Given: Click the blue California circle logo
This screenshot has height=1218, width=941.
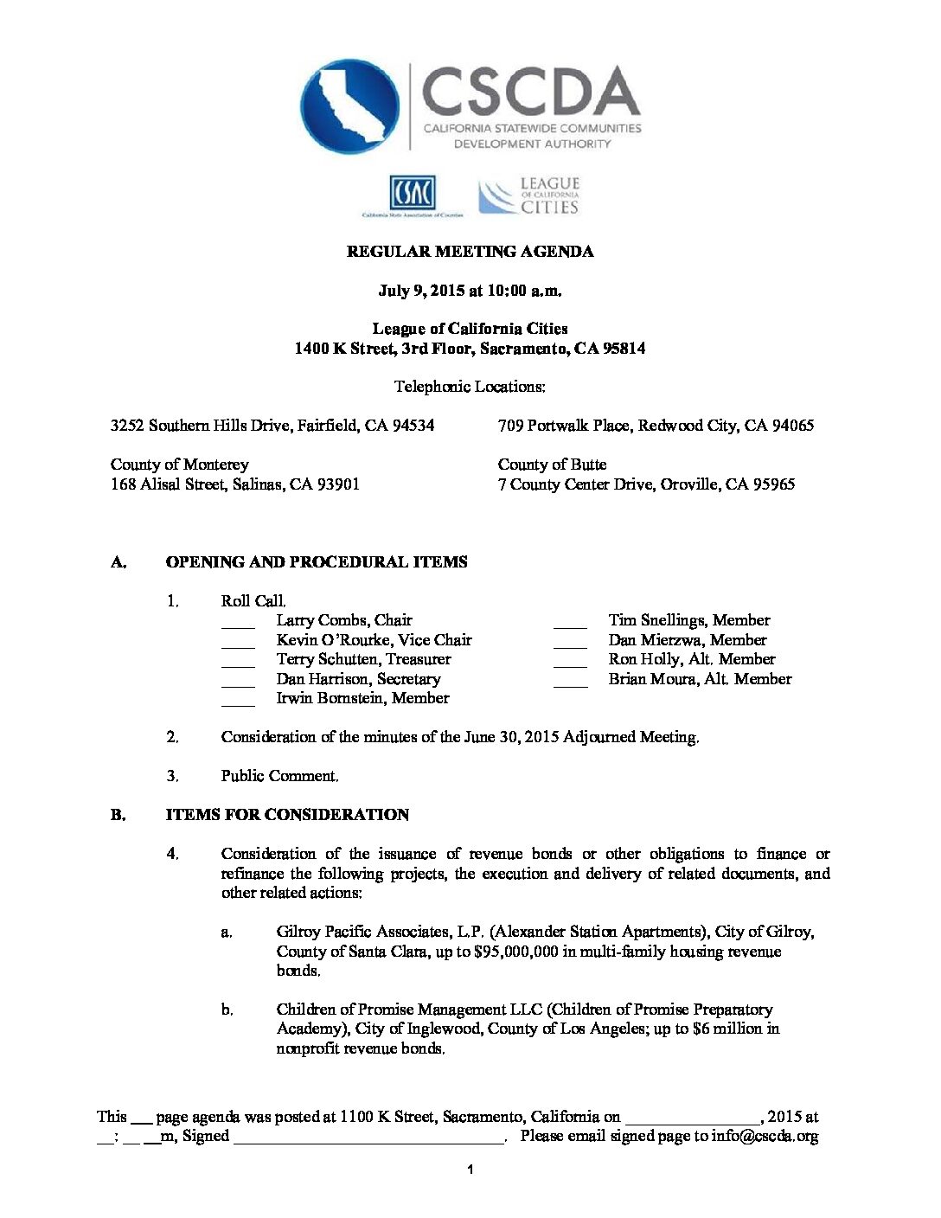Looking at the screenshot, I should pos(349,106).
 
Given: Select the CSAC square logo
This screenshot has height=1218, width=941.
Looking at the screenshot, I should pos(413,192).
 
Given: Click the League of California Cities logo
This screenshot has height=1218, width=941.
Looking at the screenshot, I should pos(528,196).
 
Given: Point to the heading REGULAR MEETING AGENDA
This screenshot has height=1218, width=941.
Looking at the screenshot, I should pos(470,252).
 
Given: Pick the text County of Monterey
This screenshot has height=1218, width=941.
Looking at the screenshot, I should pos(179,465).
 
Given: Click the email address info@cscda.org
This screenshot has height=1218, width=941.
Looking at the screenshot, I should pos(765,1137).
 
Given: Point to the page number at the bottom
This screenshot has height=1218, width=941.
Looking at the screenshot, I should pos(470,1170).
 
